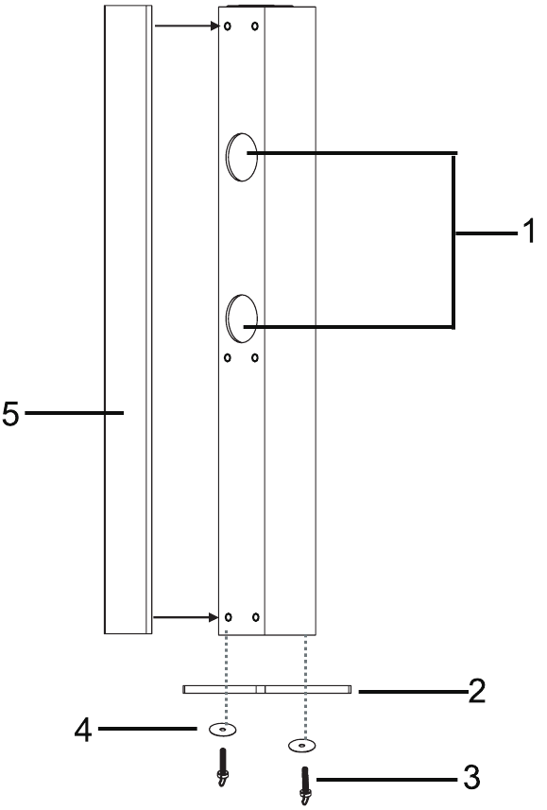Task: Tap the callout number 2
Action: [x=477, y=691]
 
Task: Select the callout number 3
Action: [x=471, y=777]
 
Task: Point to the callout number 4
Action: [x=83, y=731]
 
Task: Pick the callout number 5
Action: [x=10, y=413]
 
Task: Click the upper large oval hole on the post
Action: [x=242, y=157]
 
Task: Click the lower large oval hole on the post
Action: [x=242, y=319]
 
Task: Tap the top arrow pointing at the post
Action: [x=187, y=26]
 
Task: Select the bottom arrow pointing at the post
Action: [x=185, y=617]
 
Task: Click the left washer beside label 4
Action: [x=223, y=730]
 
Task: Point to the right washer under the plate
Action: [x=301, y=746]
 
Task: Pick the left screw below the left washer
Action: [x=223, y=767]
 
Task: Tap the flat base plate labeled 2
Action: [x=267, y=689]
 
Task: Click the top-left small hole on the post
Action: [x=228, y=26]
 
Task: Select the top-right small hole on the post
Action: [x=255, y=26]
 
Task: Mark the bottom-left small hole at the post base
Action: [x=229, y=617]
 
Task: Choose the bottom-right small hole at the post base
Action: [x=256, y=617]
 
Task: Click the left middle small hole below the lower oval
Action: [x=228, y=357]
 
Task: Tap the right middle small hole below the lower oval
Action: [x=255, y=357]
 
